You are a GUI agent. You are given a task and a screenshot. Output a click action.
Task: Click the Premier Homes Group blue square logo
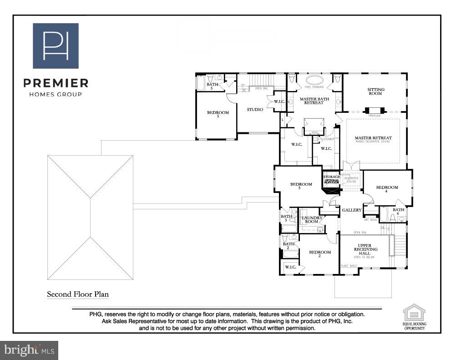(x=56, y=46)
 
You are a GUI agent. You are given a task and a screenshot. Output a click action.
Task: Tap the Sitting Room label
(x=376, y=92)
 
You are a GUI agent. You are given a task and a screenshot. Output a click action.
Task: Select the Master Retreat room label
(x=373, y=138)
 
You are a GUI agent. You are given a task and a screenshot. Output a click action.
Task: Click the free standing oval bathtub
(x=314, y=80)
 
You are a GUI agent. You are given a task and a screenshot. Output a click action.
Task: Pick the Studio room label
(x=255, y=109)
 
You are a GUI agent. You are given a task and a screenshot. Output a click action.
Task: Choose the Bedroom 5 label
(x=218, y=114)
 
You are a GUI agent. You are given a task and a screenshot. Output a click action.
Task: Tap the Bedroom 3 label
(x=301, y=186)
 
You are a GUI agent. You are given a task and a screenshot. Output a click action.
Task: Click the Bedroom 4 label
(x=387, y=189)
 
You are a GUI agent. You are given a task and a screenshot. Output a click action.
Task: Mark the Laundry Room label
(x=312, y=219)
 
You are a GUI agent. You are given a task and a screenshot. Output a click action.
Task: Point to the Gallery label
(x=352, y=210)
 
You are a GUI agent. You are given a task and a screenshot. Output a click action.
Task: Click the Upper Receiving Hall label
(x=365, y=249)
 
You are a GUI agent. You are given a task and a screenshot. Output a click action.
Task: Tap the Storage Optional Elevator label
(x=332, y=179)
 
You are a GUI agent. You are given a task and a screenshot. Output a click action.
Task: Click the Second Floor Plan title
(x=78, y=294)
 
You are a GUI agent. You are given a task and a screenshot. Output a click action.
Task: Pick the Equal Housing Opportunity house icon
(x=414, y=313)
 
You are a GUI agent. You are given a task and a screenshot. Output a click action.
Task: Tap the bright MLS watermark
(x=30, y=350)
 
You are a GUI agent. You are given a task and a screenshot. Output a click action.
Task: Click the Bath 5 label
(x=213, y=86)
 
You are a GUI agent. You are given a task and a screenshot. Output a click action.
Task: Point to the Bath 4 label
(x=398, y=212)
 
